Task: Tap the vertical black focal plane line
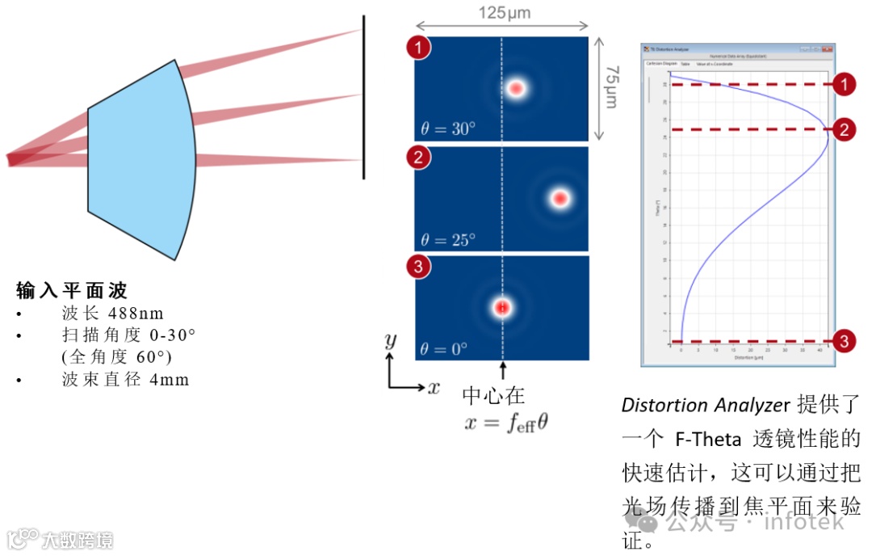click(x=363, y=97)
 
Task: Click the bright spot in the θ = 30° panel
click(x=515, y=88)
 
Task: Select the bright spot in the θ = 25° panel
click(x=560, y=198)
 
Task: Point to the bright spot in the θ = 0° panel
click(x=502, y=307)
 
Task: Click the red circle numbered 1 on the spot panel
click(x=418, y=48)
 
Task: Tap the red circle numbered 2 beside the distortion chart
click(x=844, y=129)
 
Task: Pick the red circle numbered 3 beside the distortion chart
click(x=844, y=342)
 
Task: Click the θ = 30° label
click(x=448, y=128)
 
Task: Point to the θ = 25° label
click(x=448, y=239)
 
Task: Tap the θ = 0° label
click(x=445, y=349)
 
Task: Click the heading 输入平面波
click(x=72, y=290)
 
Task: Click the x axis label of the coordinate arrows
click(x=434, y=388)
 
